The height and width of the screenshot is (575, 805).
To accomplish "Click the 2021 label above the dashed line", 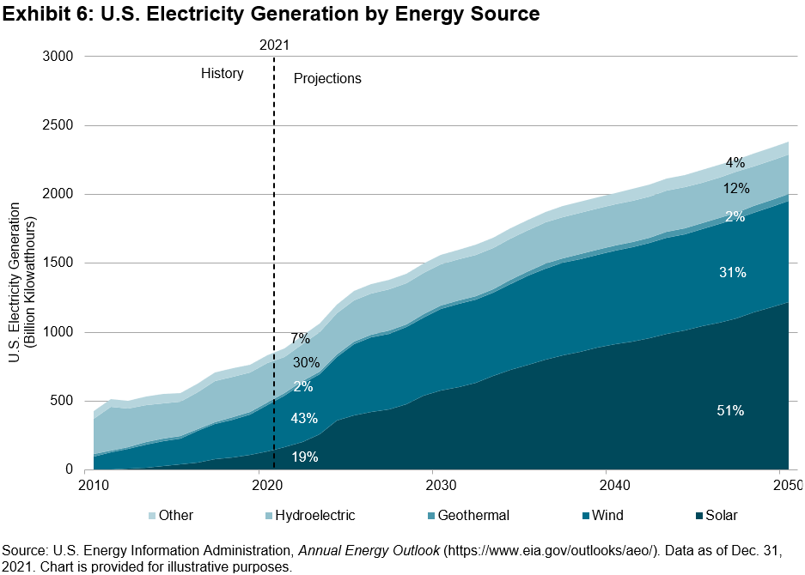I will pyautogui.click(x=274, y=45).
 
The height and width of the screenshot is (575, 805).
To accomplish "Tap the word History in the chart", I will pyautogui.click(x=223, y=74).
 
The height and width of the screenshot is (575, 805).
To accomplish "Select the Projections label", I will pyautogui.click(x=327, y=79).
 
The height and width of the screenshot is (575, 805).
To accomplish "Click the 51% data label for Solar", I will pyautogui.click(x=730, y=411).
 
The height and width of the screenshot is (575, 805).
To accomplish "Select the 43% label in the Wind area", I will pyautogui.click(x=304, y=419).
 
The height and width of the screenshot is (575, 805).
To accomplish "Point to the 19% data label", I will pyautogui.click(x=304, y=457).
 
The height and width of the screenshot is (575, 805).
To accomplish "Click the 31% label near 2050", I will pyautogui.click(x=732, y=273).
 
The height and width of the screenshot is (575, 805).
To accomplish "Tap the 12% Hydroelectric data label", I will pyautogui.click(x=736, y=189).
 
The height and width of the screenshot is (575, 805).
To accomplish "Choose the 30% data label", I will pyautogui.click(x=306, y=362).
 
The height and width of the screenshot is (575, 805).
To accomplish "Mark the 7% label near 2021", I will pyautogui.click(x=300, y=339).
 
